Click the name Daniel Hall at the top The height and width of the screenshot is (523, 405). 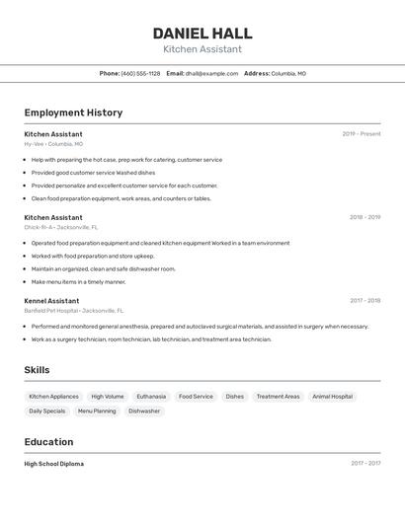point(202,34)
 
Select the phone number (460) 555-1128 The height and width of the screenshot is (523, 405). point(140,73)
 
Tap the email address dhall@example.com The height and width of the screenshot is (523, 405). point(211,73)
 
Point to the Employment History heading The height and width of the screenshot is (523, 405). point(73,112)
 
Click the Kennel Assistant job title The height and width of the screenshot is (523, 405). point(51,301)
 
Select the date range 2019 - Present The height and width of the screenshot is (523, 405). point(362,134)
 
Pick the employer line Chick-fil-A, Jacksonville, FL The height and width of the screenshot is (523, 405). point(61,227)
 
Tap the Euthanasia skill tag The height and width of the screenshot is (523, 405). point(151,397)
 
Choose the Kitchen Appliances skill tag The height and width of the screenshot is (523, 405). point(53,397)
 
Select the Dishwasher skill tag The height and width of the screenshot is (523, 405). point(144,411)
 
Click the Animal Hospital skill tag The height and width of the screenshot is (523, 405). point(332,397)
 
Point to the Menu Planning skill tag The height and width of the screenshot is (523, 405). point(97,411)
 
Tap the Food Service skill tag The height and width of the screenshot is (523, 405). point(196,397)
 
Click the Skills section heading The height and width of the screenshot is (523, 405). point(37,370)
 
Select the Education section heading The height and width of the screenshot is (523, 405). point(48,442)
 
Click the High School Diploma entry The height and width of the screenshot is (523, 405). point(54,464)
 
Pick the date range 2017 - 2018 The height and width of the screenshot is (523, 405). point(365,301)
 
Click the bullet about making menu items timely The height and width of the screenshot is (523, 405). point(78,281)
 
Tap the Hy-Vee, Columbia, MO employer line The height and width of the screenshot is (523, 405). point(53,144)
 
